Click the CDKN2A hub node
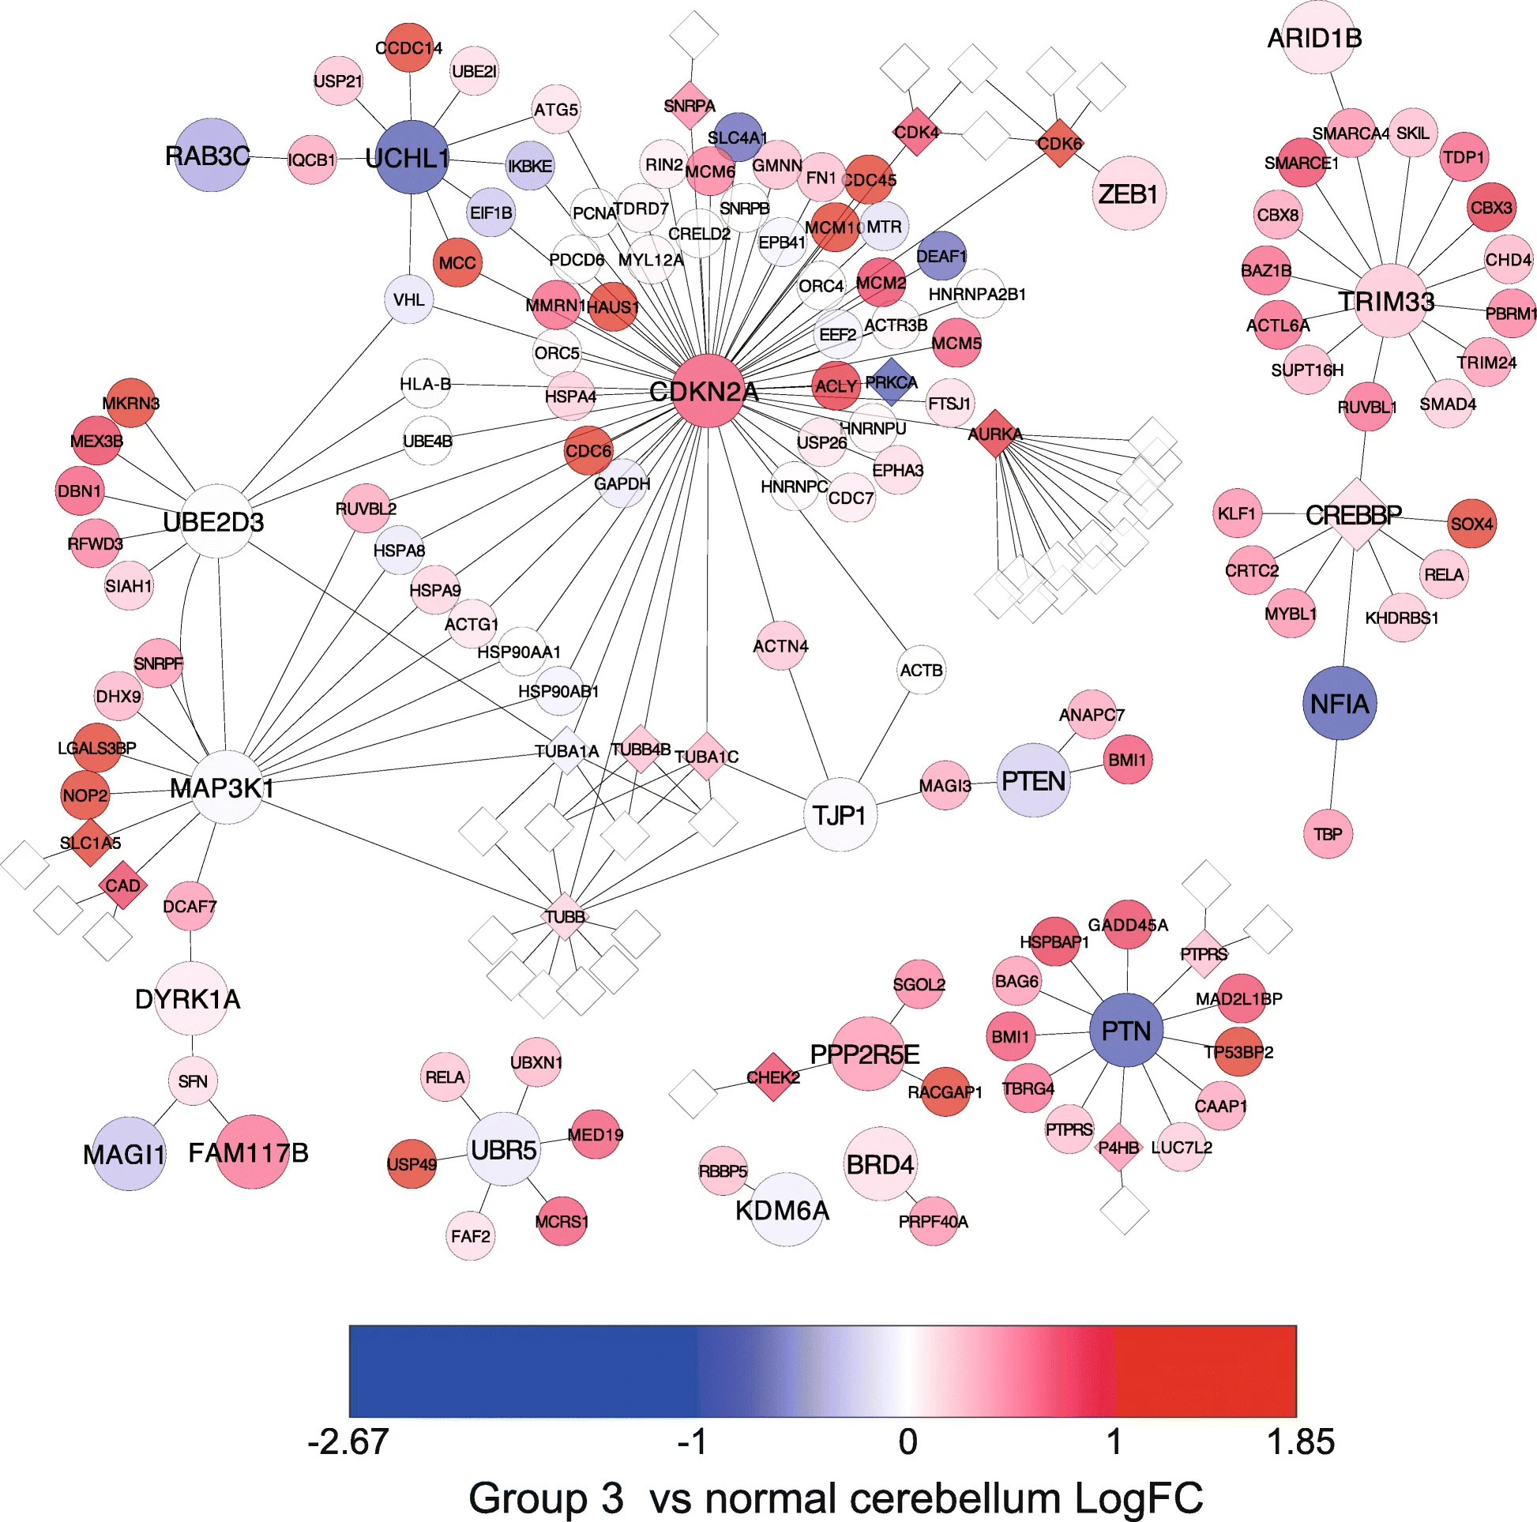point(707,391)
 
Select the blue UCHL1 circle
point(411,157)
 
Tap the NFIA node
point(1340,703)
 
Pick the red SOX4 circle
point(1471,524)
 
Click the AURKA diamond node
point(995,434)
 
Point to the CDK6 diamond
point(1060,143)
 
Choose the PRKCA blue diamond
point(892,382)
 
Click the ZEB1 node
point(1128,194)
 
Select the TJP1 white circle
point(840,814)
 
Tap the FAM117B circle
point(251,1152)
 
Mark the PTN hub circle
point(1126,1030)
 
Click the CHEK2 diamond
point(772,1077)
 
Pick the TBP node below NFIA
point(1328,834)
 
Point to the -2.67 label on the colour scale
point(348,1441)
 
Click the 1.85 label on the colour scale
point(1300,1441)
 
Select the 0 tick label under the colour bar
point(908,1441)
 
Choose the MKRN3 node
point(130,403)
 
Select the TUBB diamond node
point(565,916)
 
